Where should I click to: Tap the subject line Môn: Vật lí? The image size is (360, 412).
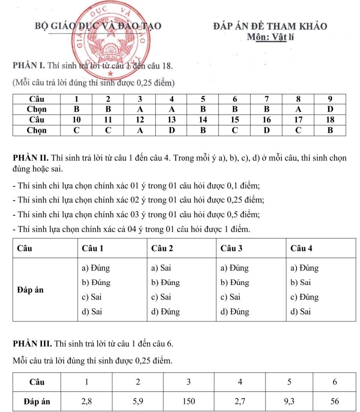[270, 38]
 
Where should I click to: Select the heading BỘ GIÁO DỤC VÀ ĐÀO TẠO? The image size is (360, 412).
[97, 27]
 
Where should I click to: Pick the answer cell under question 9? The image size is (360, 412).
[330, 108]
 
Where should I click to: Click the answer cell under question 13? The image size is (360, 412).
[171, 130]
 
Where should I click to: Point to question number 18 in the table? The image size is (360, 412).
[330, 119]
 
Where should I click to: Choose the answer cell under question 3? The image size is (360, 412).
[140, 108]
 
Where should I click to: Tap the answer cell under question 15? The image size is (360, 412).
[235, 130]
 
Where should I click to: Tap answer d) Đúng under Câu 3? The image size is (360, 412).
[235, 312]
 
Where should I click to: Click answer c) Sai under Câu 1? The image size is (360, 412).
[91, 297]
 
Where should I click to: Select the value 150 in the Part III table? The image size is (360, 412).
[189, 401]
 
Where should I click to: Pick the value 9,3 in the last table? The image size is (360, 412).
[289, 401]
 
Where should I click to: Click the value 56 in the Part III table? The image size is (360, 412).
[335, 401]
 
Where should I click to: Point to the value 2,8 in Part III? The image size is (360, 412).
[87, 401]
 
